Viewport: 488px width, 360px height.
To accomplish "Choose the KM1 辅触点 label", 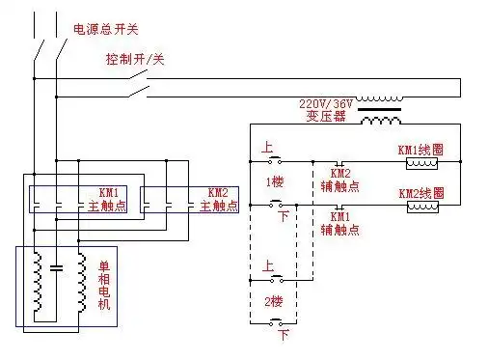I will click(x=339, y=225).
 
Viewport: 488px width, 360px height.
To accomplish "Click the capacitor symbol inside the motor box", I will click(x=56, y=266).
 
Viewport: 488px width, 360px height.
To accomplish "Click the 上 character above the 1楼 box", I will click(x=266, y=148).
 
